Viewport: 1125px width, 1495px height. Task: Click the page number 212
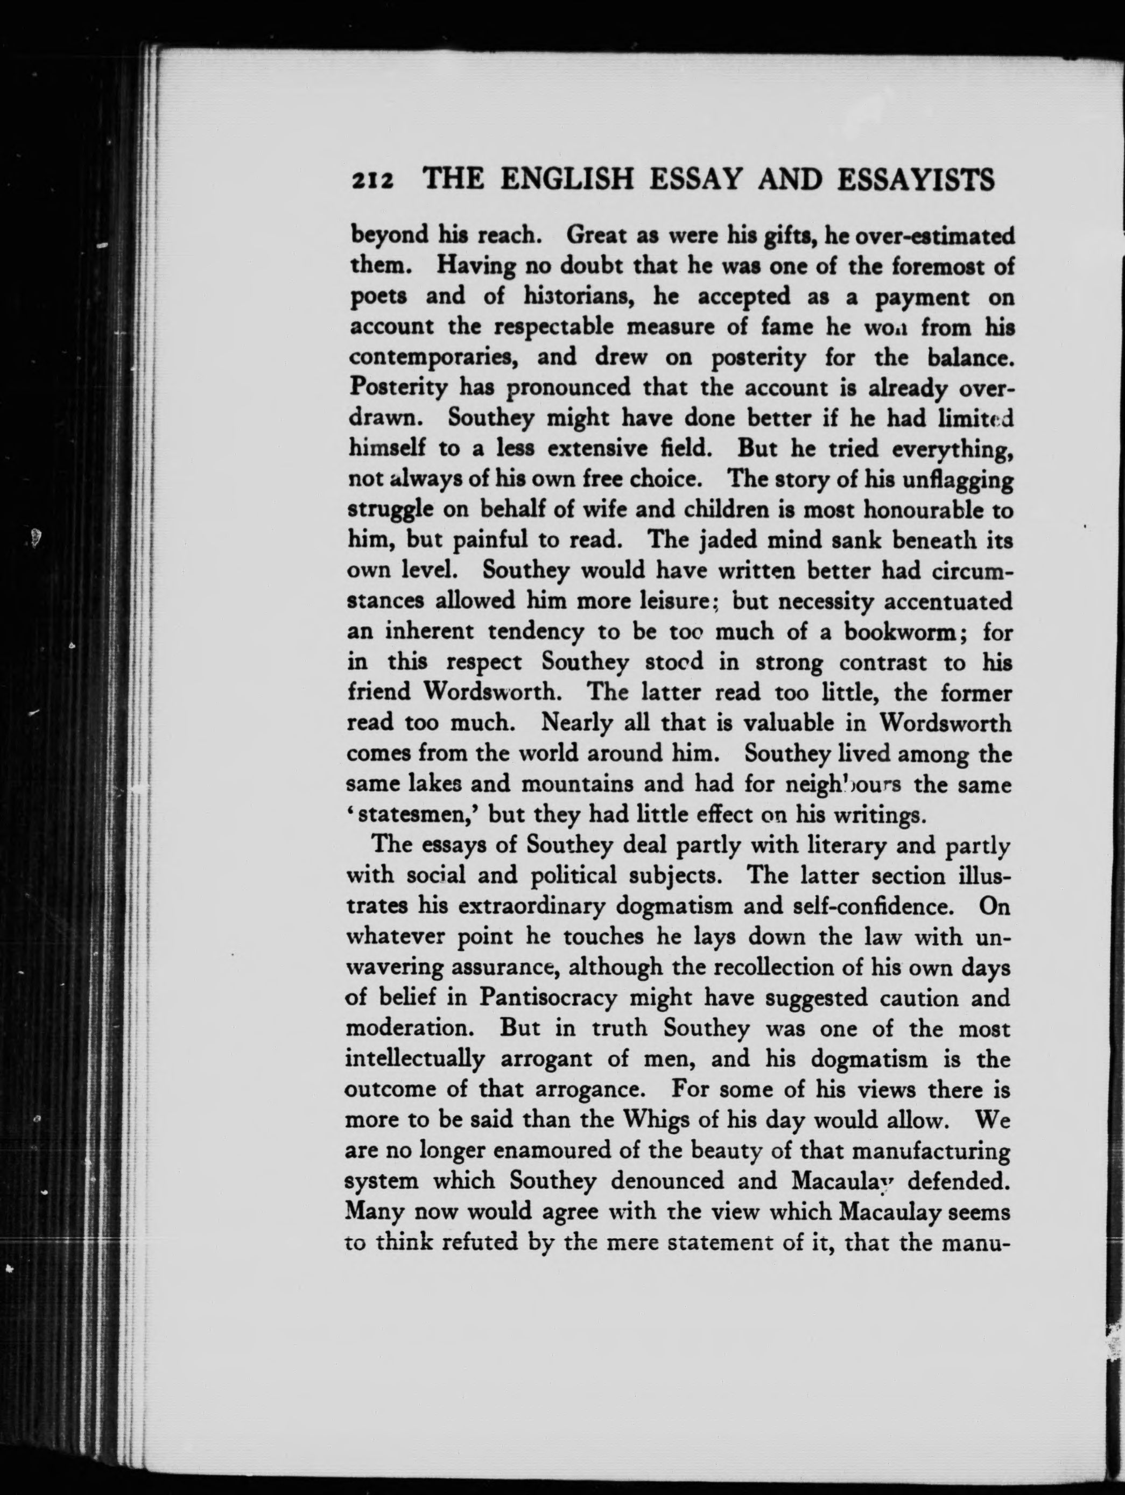(372, 182)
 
